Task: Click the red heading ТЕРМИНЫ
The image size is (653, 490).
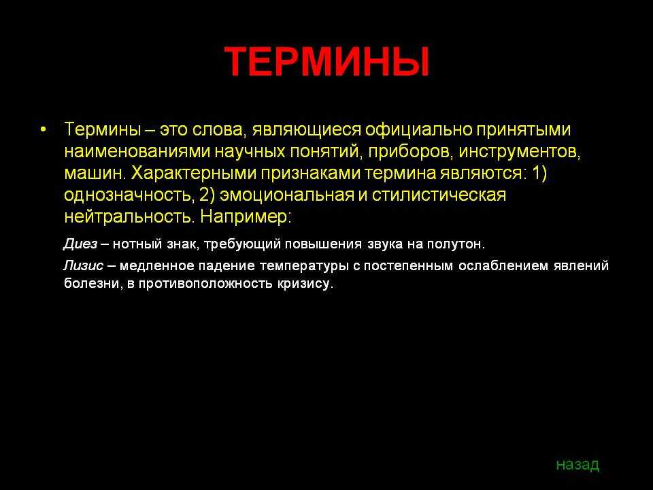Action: click(x=327, y=62)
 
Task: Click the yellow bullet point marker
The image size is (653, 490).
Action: click(x=44, y=129)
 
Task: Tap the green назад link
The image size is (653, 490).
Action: click(x=577, y=464)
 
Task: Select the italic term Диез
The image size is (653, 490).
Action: click(x=80, y=244)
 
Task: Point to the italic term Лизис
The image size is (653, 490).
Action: click(x=83, y=265)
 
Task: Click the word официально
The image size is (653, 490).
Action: click(x=418, y=130)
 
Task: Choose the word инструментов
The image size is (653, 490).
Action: click(x=519, y=152)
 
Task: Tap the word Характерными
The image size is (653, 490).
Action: click(x=193, y=174)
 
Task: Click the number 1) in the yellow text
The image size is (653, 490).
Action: click(x=539, y=173)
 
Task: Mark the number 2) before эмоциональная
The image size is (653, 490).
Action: click(x=207, y=195)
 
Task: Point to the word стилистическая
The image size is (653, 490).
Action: click(x=439, y=195)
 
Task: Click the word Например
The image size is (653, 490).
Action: click(x=246, y=216)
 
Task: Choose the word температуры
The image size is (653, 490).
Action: click(x=304, y=266)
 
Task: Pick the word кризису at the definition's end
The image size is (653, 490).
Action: click(x=305, y=284)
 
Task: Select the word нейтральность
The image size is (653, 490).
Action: click(x=129, y=216)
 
